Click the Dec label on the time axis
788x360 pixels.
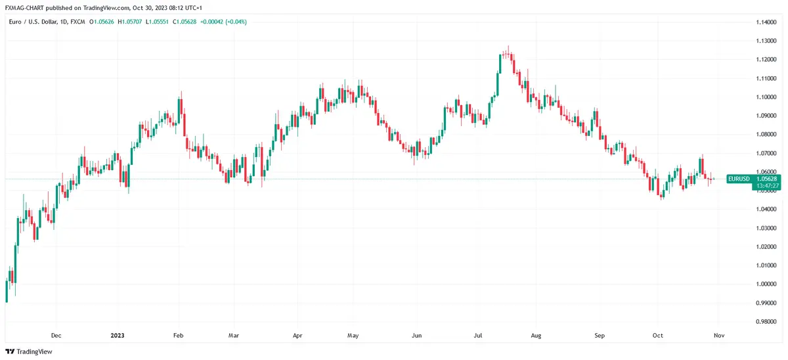click(56, 335)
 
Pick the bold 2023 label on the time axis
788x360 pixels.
click(117, 335)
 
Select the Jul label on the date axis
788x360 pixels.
click(478, 335)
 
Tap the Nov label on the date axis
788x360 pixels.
click(718, 335)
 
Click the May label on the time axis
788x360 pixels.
click(353, 335)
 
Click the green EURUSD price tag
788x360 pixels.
click(739, 179)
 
